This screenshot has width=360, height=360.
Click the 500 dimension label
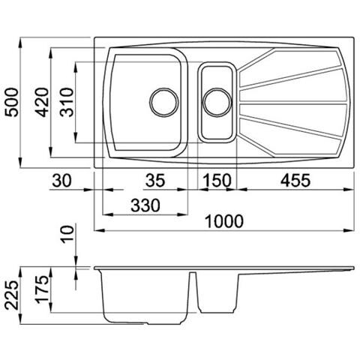pyautogui.click(x=12, y=102)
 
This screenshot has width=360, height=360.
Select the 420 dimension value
pyautogui.click(x=42, y=102)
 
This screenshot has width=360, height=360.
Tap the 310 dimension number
pyautogui.click(x=67, y=102)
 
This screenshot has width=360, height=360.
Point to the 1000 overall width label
pyautogui.click(x=223, y=221)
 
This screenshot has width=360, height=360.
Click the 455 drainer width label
pyautogui.click(x=295, y=180)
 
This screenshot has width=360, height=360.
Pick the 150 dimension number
pyautogui.click(x=217, y=180)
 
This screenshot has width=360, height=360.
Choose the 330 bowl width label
pyautogui.click(x=145, y=205)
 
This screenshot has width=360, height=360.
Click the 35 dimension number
pyautogui.click(x=155, y=180)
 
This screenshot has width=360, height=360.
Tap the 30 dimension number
pyautogui.click(x=61, y=180)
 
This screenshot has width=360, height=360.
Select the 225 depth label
pyautogui.click(x=12, y=295)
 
